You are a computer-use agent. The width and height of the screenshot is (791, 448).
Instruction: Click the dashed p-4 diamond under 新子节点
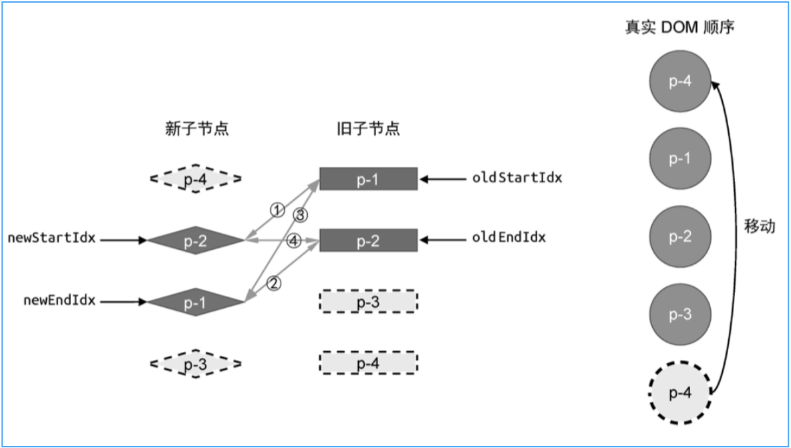click(x=195, y=178)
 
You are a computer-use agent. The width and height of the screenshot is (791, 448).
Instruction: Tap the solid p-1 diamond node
click(x=195, y=302)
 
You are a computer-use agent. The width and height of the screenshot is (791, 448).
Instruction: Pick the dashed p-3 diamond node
click(x=195, y=364)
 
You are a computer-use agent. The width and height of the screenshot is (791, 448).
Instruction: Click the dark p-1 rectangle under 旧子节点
click(x=368, y=179)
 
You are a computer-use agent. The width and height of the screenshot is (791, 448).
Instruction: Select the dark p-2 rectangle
click(x=368, y=240)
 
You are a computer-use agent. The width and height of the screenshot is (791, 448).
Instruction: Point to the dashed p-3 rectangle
click(x=368, y=302)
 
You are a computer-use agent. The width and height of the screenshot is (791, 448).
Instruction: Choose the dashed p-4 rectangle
click(x=368, y=363)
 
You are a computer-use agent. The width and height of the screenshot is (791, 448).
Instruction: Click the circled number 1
click(x=277, y=209)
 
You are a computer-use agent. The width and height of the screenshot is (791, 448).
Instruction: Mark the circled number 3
click(x=301, y=215)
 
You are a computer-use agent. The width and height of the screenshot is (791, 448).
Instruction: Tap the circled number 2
click(x=274, y=283)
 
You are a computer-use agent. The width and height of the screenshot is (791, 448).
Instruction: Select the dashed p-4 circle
click(x=679, y=393)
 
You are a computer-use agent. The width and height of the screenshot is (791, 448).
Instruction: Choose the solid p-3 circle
click(x=679, y=314)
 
